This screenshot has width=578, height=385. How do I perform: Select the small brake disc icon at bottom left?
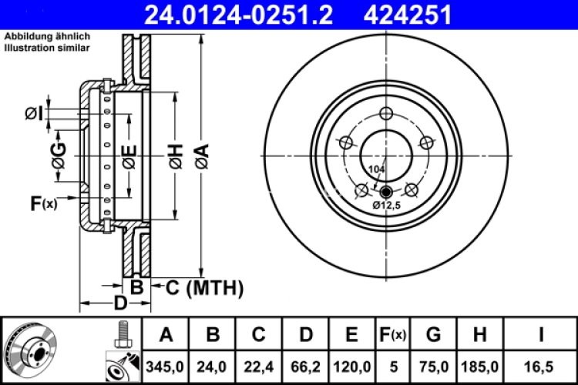pyautogui.click(x=32, y=350)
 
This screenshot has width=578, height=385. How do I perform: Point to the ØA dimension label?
pyautogui.click(x=203, y=158)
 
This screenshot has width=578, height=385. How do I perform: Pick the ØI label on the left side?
pyautogui.click(x=33, y=114)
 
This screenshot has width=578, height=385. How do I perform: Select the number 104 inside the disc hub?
pyautogui.click(x=376, y=169)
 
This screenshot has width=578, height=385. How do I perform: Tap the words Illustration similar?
pyautogui.click(x=47, y=48)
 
